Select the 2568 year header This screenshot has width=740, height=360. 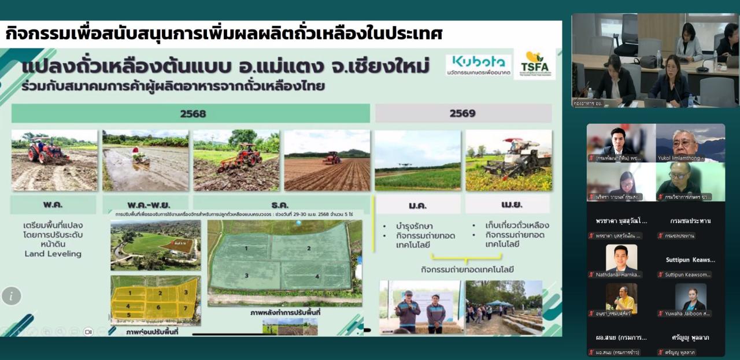click(193, 114)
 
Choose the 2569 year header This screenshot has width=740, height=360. click(462, 113)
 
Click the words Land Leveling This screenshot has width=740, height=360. click(53, 254)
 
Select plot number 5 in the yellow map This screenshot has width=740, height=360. click(128, 315)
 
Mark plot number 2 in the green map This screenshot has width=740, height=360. click(309, 248)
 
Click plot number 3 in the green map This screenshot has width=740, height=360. click(246, 276)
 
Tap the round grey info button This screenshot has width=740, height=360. click(11, 296)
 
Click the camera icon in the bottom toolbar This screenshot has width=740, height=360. click(88, 332)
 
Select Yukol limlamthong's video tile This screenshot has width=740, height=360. click(690, 143)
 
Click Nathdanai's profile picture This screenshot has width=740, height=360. click(621, 257)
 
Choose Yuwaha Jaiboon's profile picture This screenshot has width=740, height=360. click(690, 296)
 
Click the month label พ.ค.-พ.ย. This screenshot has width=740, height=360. click(145, 204)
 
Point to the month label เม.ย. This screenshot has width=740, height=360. click(508, 203)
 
